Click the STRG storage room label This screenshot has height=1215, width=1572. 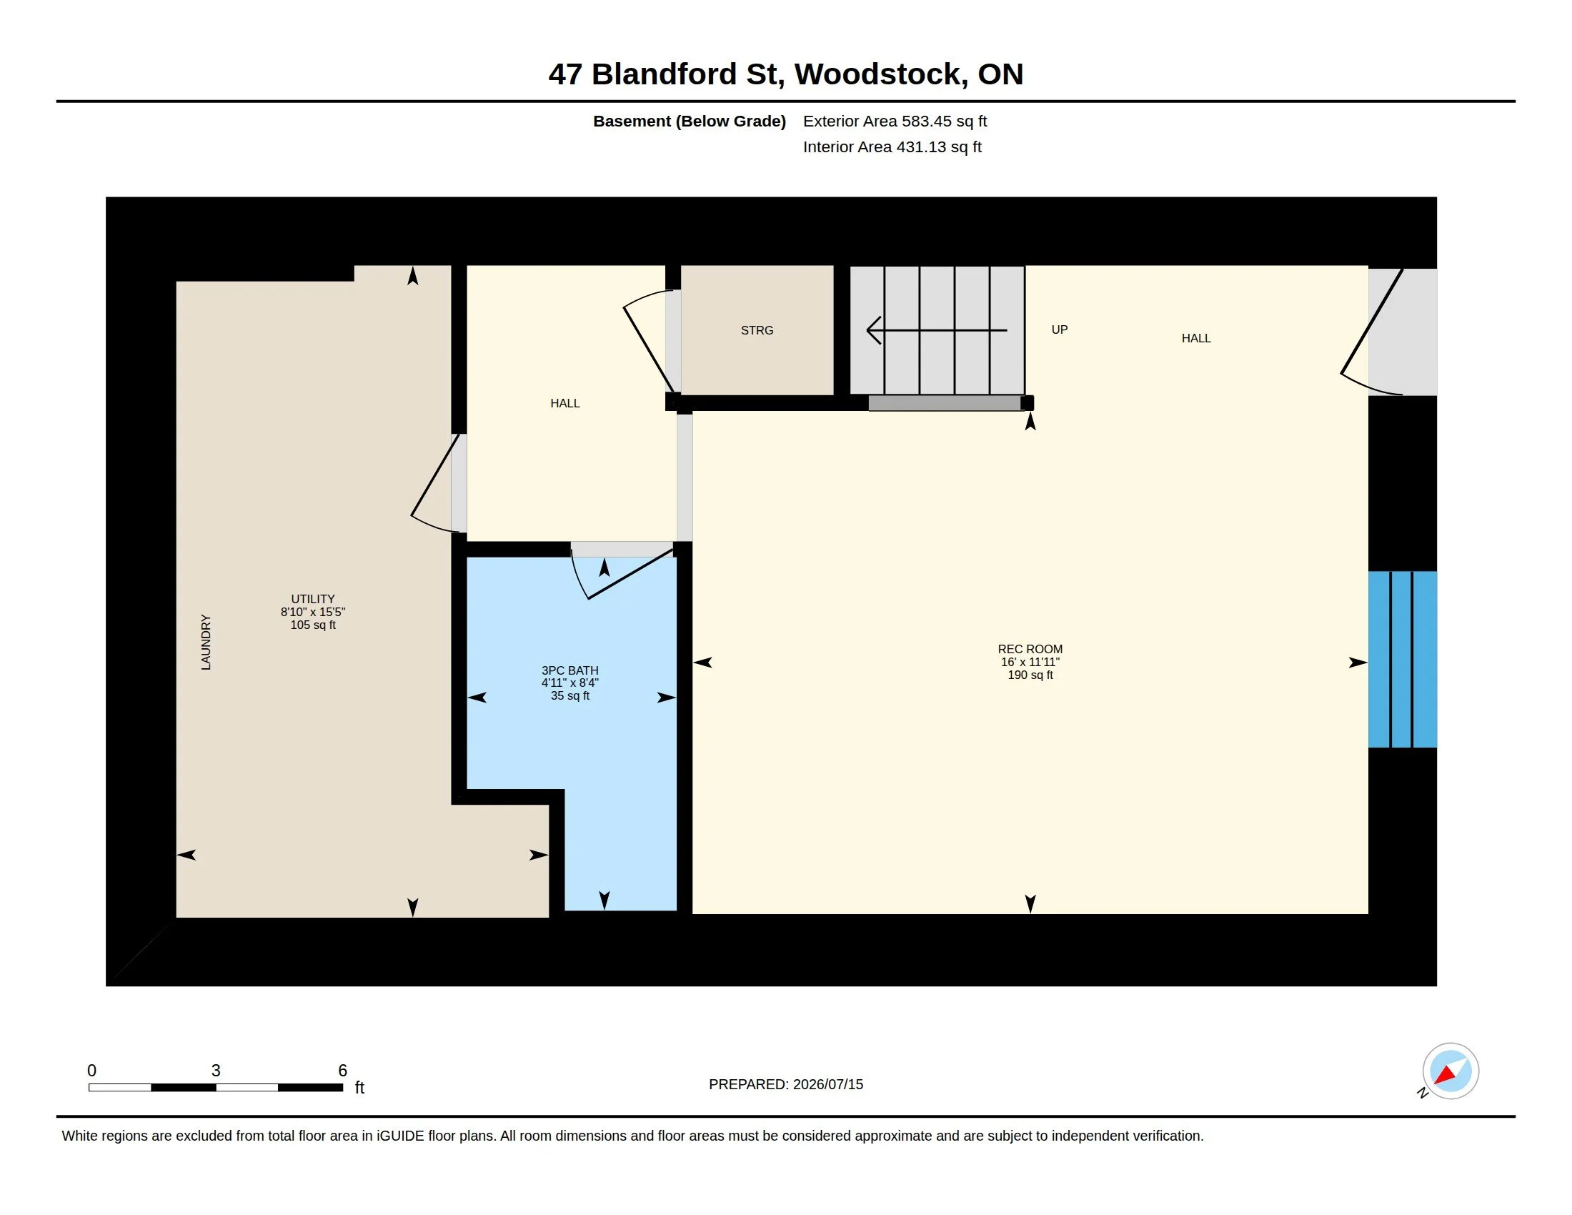757,330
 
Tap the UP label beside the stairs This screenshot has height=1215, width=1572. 1060,329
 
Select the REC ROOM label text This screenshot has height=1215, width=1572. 1030,649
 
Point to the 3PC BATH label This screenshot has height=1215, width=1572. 570,670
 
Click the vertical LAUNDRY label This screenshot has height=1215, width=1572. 206,642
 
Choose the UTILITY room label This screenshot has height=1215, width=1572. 312,599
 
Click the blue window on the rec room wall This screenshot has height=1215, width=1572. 1402,660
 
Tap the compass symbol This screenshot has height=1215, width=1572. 1450,1071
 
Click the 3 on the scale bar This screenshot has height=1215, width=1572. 216,1071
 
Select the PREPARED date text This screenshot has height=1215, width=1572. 786,1084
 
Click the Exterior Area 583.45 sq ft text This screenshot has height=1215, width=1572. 895,121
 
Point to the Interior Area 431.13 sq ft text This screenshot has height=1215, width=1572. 892,147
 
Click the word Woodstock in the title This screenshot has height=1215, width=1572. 882,74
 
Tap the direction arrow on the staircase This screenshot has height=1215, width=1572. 937,330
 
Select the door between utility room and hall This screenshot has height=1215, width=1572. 435,483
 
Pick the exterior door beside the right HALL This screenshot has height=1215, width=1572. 1372,332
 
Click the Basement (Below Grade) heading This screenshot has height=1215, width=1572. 689,121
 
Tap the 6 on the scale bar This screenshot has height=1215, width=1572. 342,1071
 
